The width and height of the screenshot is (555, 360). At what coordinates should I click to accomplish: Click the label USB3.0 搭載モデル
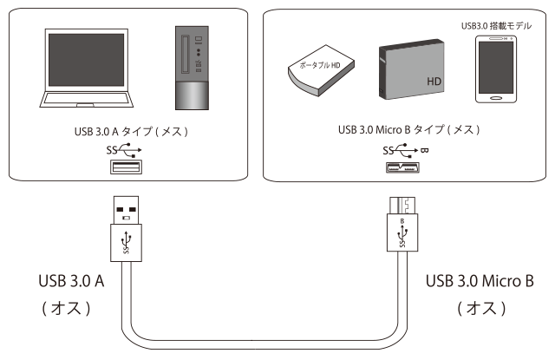pos(499,26)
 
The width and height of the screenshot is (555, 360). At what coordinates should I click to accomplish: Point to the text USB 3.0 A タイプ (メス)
pos(132,133)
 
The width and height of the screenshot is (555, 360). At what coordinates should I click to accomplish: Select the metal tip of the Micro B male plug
pos(402,206)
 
